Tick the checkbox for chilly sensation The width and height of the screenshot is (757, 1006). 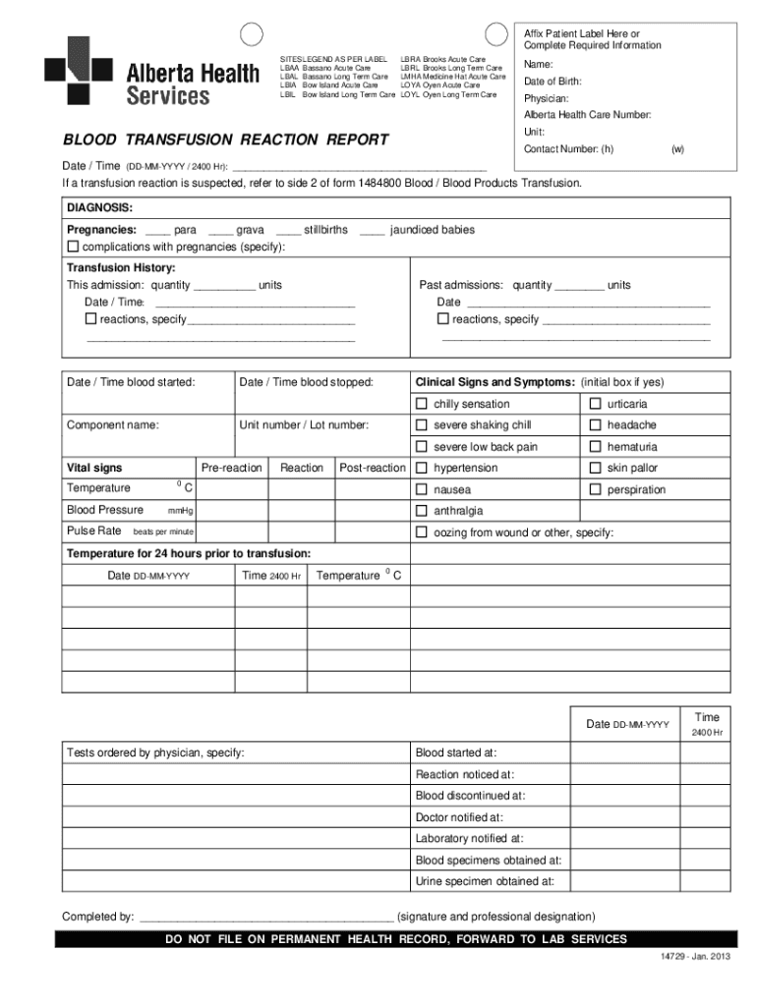[x=422, y=404]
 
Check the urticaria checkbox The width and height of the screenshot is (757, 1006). [x=595, y=404]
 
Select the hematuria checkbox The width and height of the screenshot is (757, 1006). [x=595, y=447]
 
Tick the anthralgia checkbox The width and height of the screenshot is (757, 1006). [x=422, y=511]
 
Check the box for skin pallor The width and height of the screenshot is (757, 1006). [x=595, y=469]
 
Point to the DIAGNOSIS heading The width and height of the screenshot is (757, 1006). [x=99, y=208]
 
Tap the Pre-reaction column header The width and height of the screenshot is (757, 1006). [x=232, y=468]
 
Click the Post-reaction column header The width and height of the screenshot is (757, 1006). [x=373, y=468]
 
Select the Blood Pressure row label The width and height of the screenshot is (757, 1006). [x=105, y=510]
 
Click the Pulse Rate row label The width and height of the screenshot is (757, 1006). [x=94, y=531]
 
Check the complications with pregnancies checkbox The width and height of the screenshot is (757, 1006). [x=73, y=246]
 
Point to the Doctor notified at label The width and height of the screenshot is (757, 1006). [x=459, y=816]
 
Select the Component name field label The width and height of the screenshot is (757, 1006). [x=113, y=425]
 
